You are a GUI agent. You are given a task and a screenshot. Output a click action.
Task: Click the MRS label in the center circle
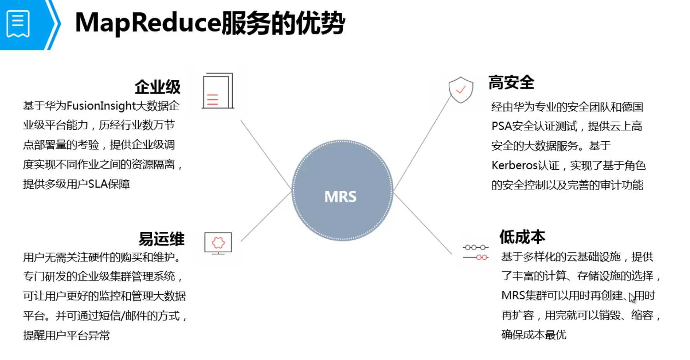click(x=340, y=197)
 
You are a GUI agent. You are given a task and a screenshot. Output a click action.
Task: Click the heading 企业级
click(x=158, y=87)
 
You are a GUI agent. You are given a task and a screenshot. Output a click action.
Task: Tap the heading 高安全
click(x=511, y=82)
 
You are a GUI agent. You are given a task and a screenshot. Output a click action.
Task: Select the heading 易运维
click(x=162, y=239)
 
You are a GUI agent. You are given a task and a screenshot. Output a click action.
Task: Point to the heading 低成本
click(x=522, y=237)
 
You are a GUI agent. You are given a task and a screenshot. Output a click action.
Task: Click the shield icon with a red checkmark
click(x=461, y=90)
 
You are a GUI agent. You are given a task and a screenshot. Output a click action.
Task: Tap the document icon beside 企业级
click(x=218, y=91)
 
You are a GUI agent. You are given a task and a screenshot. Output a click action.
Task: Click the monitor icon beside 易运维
click(x=218, y=243)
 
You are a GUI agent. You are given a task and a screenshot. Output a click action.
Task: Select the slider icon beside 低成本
click(x=476, y=252)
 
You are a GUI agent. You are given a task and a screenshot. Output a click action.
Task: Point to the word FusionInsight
click(x=101, y=106)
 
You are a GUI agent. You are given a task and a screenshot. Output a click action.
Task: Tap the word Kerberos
click(x=515, y=165)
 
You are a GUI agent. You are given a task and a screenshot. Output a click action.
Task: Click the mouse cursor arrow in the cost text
click(x=632, y=298)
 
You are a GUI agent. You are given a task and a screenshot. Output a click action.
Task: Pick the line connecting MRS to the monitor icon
click(x=266, y=216)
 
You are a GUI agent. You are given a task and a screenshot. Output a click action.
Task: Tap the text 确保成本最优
click(x=534, y=335)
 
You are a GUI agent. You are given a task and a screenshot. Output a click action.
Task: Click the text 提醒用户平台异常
click(x=66, y=335)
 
